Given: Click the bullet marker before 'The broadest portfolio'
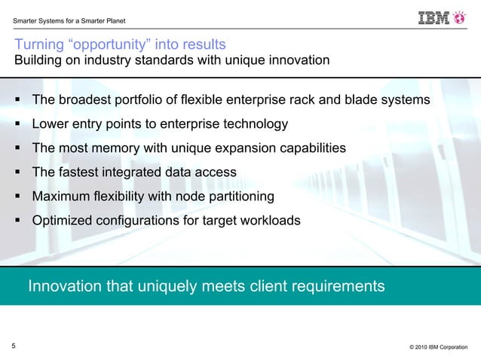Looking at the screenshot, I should pyautogui.click(x=17, y=99).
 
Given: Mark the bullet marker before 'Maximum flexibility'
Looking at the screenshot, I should pyautogui.click(x=17, y=197).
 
